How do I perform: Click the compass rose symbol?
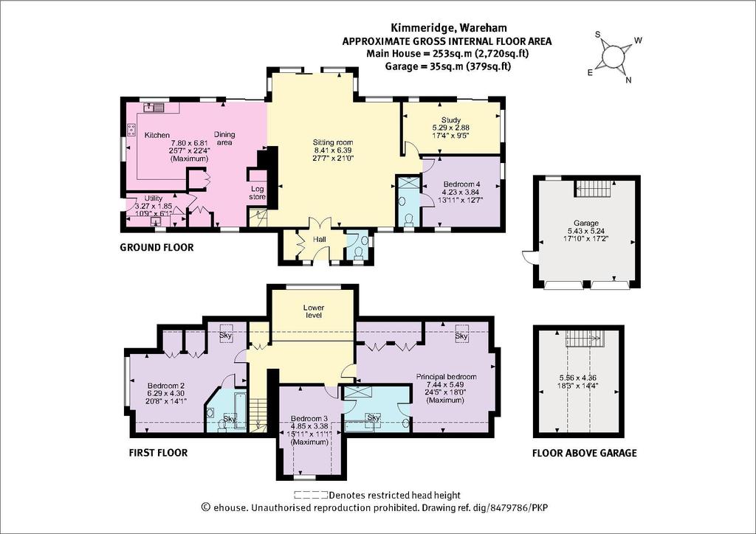[x=612, y=58]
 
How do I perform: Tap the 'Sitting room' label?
[x=333, y=142]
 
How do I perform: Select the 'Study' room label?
[x=451, y=120]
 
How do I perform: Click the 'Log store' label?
[x=258, y=193]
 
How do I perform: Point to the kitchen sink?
[x=154, y=107]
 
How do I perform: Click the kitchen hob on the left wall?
[x=131, y=129]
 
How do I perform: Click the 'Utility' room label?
[x=154, y=198]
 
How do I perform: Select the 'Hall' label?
[x=320, y=239]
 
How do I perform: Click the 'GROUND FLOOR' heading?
[x=157, y=248]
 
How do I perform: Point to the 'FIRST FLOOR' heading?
[x=158, y=453]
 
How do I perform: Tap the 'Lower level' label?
[x=313, y=311]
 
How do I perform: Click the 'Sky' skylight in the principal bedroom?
[x=461, y=336]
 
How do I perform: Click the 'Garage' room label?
[x=585, y=223]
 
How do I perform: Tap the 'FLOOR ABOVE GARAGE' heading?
[x=585, y=453]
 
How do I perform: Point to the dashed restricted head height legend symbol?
[x=311, y=495]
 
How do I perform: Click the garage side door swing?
[x=527, y=257]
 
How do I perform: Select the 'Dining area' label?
[x=224, y=139]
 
